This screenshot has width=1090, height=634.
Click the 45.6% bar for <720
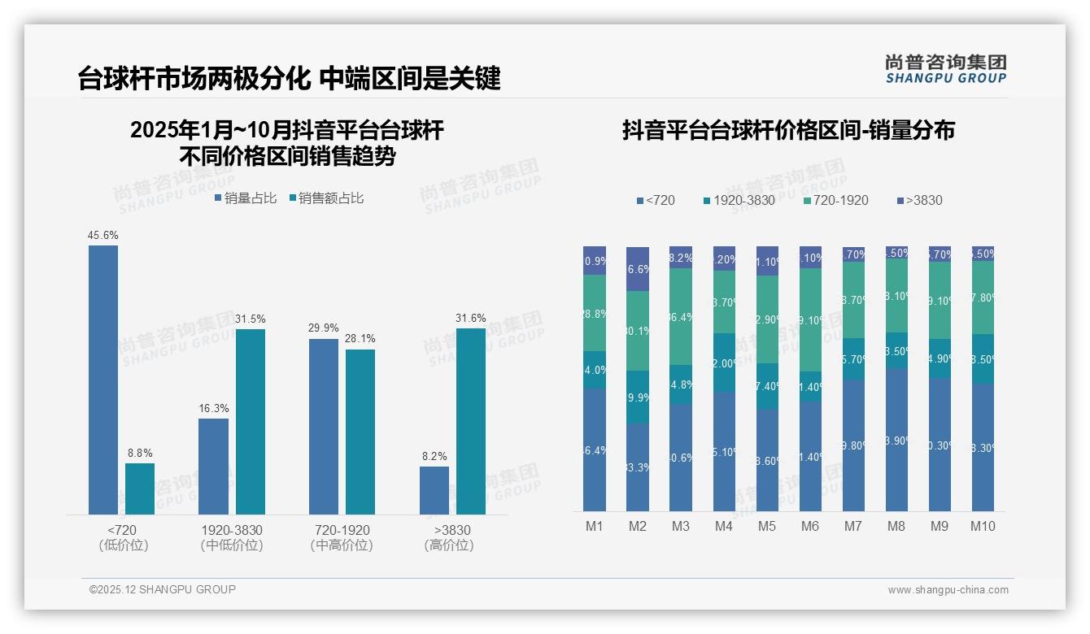tap(103, 380)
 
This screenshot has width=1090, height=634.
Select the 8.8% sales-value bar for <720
tap(140, 489)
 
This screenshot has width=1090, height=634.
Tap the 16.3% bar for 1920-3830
tap(213, 467)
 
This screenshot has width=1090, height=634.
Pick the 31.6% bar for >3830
tap(471, 421)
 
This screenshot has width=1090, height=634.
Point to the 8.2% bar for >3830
tap(434, 490)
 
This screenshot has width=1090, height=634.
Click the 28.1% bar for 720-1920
tap(360, 432)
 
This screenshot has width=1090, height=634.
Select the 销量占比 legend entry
tap(246, 198)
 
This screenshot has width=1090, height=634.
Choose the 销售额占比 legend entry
tap(326, 198)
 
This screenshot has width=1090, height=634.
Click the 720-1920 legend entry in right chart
tap(835, 200)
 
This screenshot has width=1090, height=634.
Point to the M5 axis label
tap(767, 526)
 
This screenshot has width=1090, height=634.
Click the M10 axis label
tap(983, 526)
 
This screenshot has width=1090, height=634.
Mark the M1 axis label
tap(595, 526)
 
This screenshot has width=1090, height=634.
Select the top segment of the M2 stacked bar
tap(638, 269)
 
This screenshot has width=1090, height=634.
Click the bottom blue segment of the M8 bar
tap(896, 440)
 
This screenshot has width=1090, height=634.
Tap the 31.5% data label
tap(251, 319)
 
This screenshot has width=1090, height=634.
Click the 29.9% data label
tap(324, 328)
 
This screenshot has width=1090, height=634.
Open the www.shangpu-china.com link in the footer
tap(948, 590)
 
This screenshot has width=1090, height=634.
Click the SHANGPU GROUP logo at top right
tap(946, 69)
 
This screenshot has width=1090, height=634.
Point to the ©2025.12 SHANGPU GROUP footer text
tap(163, 589)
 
